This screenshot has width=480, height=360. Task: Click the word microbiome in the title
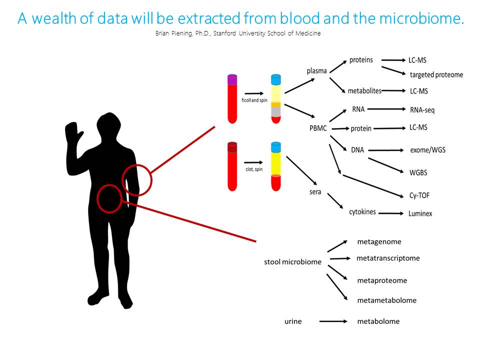point(424,18)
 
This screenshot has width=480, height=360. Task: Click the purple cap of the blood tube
point(232,79)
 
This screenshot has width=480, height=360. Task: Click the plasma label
point(316,70)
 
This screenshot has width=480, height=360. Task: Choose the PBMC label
point(318,128)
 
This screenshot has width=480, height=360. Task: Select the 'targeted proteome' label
point(436,75)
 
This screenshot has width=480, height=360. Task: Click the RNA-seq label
point(422,110)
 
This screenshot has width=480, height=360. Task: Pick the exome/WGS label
point(427,149)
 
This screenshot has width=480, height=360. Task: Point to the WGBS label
point(418,172)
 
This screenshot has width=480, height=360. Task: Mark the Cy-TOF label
point(420,196)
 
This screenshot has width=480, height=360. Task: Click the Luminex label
point(420,213)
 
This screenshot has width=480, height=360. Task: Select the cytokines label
point(363,211)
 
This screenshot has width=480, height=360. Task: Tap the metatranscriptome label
point(388,258)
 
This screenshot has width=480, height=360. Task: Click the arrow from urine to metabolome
point(333,321)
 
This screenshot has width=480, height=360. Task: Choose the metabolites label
point(364,91)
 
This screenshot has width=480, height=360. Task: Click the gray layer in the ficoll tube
point(276,112)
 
